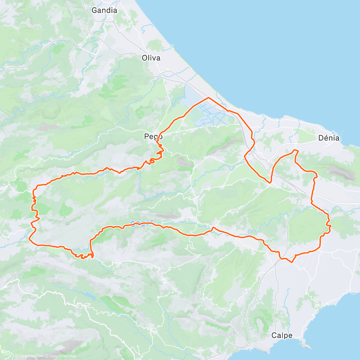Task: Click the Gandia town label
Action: pos(104,10)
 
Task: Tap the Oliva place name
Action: pos(151,58)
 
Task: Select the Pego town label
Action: pos(153,137)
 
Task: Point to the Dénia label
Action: pos(329,138)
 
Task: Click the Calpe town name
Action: pos(282,335)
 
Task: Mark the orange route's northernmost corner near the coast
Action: pos(208,98)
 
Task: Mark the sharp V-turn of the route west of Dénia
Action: pos(270,182)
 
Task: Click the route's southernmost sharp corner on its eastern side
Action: pos(292,262)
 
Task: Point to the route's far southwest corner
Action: pos(29,239)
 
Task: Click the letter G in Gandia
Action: pos(94,10)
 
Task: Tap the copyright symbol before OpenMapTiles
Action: pos(16,356)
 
